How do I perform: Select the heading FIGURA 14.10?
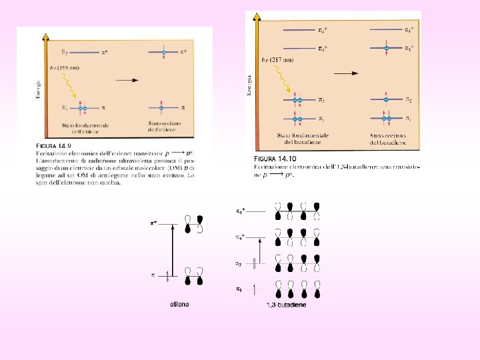[x=275, y=158]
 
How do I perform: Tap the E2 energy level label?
[x=65, y=51]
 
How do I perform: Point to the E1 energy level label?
[x=65, y=107]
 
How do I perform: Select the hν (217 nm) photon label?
[x=278, y=59]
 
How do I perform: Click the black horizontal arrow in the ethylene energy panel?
[x=127, y=79]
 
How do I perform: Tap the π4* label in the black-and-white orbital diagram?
[x=240, y=211]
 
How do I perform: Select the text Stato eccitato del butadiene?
[x=389, y=139]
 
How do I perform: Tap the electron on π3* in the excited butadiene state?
[x=385, y=47]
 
